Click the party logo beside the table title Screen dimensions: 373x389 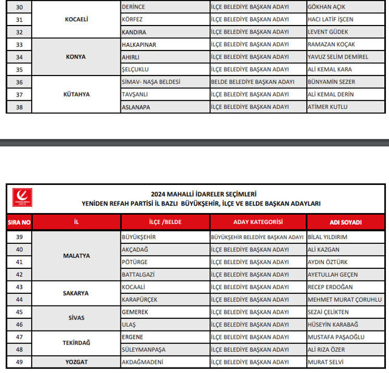[x=22, y=198]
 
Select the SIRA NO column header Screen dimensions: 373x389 [x=19, y=222]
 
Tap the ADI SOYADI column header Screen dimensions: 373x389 [x=345, y=222]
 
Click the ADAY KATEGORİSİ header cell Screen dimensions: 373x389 [x=258, y=222]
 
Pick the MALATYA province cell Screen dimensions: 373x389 [x=77, y=256]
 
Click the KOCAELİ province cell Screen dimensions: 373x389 [x=77, y=19]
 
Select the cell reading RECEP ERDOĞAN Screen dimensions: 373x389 [x=330, y=287]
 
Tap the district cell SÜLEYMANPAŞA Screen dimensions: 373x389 [x=145, y=349]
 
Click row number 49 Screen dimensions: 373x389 [x=19, y=362]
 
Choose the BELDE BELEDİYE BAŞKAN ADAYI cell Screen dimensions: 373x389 [x=252, y=82]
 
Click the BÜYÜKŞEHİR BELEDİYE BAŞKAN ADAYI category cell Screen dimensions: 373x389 [x=256, y=237]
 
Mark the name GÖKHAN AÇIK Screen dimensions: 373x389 [x=326, y=6]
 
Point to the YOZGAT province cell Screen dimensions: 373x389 [x=77, y=362]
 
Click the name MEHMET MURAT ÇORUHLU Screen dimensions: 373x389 [x=344, y=299]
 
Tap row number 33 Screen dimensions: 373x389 [x=19, y=44]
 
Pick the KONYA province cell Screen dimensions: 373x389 [x=77, y=57]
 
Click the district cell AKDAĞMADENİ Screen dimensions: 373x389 [x=144, y=362]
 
